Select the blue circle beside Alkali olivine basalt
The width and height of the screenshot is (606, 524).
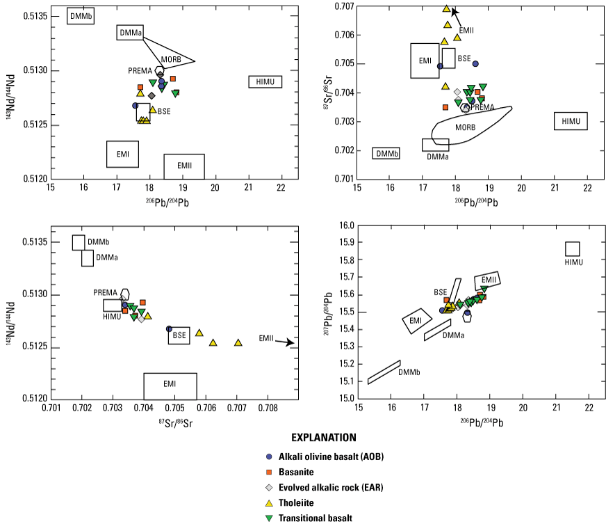[x=270, y=456]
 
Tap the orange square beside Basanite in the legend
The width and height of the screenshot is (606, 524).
[x=270, y=472]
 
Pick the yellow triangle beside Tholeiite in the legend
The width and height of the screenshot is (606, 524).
[x=270, y=502]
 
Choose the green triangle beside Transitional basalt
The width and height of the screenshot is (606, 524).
[x=270, y=518]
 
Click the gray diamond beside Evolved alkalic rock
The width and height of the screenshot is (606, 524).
[x=270, y=487]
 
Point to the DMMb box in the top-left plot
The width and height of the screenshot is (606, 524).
[x=80, y=16]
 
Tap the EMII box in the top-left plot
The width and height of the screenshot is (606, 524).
[x=183, y=166]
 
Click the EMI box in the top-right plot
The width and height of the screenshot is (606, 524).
[x=425, y=61]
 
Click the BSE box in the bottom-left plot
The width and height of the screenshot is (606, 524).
[x=179, y=335]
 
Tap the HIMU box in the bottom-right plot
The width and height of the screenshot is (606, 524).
[x=573, y=249]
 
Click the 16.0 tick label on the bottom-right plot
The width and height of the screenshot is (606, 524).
[x=345, y=225]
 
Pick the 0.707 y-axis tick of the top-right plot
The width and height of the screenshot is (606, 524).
[x=343, y=6]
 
